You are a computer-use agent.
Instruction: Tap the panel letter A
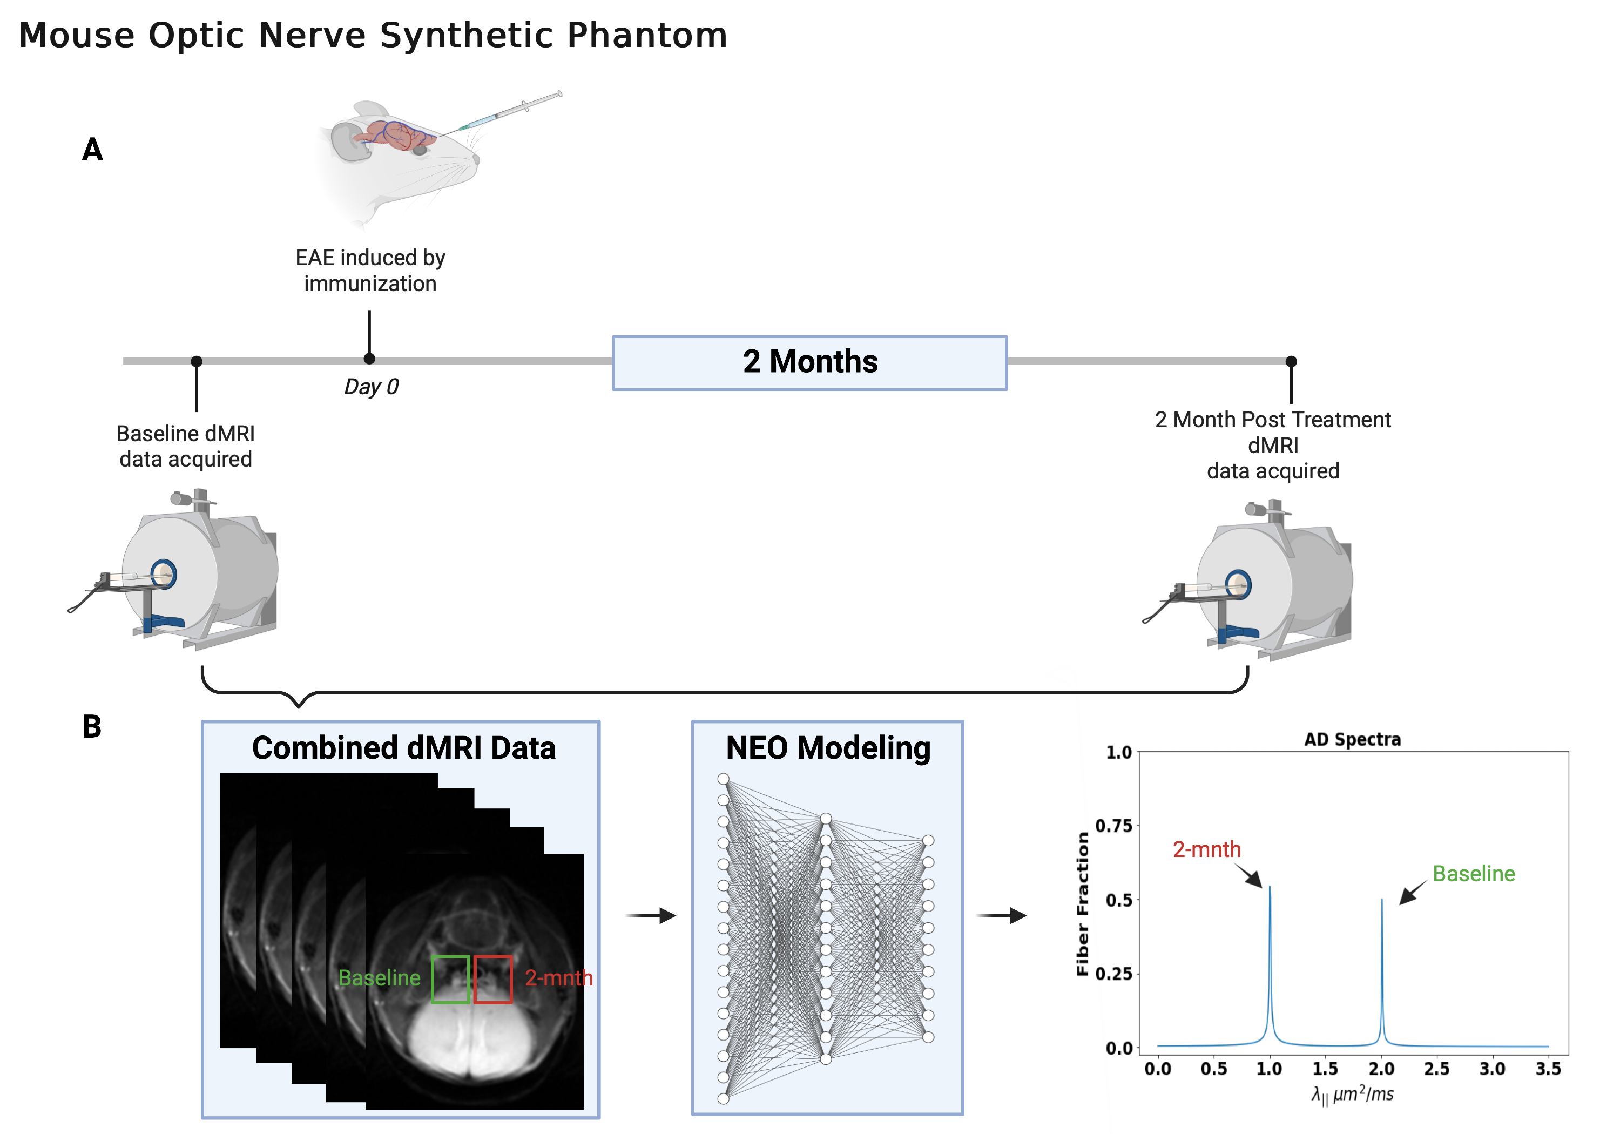[92, 150]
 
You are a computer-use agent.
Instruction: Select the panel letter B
[92, 727]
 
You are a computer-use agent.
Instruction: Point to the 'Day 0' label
[371, 387]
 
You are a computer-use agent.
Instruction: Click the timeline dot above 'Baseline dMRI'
[197, 361]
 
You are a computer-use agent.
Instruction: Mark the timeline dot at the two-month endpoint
[1291, 361]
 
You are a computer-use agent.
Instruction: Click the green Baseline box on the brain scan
[450, 979]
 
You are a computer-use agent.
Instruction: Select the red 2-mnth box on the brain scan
[493, 979]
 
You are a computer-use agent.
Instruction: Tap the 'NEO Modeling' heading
[828, 748]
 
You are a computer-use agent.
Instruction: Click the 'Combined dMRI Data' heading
[403, 748]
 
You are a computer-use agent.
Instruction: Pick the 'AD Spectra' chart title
[1352, 740]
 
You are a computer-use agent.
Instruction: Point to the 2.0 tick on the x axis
[1381, 1069]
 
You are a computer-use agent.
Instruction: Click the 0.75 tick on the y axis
[1113, 826]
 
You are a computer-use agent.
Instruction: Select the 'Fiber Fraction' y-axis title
[1082, 903]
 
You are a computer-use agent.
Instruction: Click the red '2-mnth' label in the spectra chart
[1206, 849]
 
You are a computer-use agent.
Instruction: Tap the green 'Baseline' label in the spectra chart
[1473, 874]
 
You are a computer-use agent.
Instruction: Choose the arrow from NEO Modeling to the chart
[1001, 916]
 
